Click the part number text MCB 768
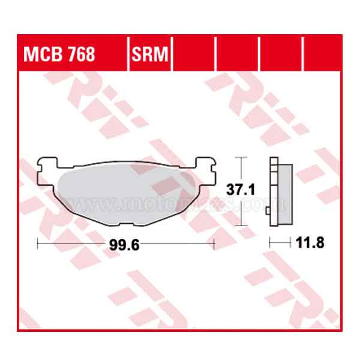pyautogui.click(x=59, y=55)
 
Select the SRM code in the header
pyautogui.click(x=151, y=55)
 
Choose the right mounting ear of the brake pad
pyautogui.click(x=205, y=164)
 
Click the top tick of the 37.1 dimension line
pyautogui.click(x=241, y=157)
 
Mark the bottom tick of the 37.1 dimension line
pyautogui.click(x=241, y=226)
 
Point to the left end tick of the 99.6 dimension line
pyautogui.click(x=37, y=243)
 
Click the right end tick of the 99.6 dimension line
pyautogui.click(x=214, y=243)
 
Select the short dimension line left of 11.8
pyautogui.click(x=278, y=243)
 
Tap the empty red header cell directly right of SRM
pyautogui.click(x=193, y=53)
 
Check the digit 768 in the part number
pyautogui.click(x=80, y=55)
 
